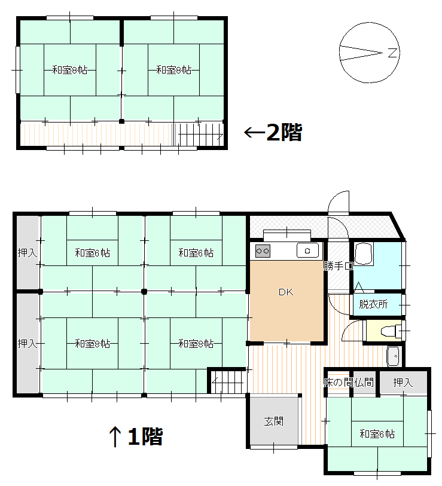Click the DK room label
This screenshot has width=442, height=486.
[286, 292]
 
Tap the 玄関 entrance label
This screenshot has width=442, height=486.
[273, 421]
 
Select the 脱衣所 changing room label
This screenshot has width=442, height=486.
[373, 304]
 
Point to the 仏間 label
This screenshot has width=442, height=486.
[364, 382]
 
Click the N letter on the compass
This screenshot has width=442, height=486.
[392, 53]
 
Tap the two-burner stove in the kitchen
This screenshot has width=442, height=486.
[263, 251]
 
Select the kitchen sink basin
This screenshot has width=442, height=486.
[307, 250]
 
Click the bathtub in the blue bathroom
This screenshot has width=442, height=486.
[363, 254]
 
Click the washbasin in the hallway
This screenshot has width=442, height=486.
[393, 356]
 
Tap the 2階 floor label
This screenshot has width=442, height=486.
[285, 132]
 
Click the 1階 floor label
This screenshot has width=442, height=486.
[145, 436]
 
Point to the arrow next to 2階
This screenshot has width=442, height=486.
[254, 132]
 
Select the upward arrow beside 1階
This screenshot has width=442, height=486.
[115, 436]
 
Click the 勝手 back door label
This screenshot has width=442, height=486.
[333, 265]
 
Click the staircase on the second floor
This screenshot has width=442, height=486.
[199, 135]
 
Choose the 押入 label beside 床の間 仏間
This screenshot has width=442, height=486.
[403, 382]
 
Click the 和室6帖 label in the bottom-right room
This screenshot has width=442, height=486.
[377, 433]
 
